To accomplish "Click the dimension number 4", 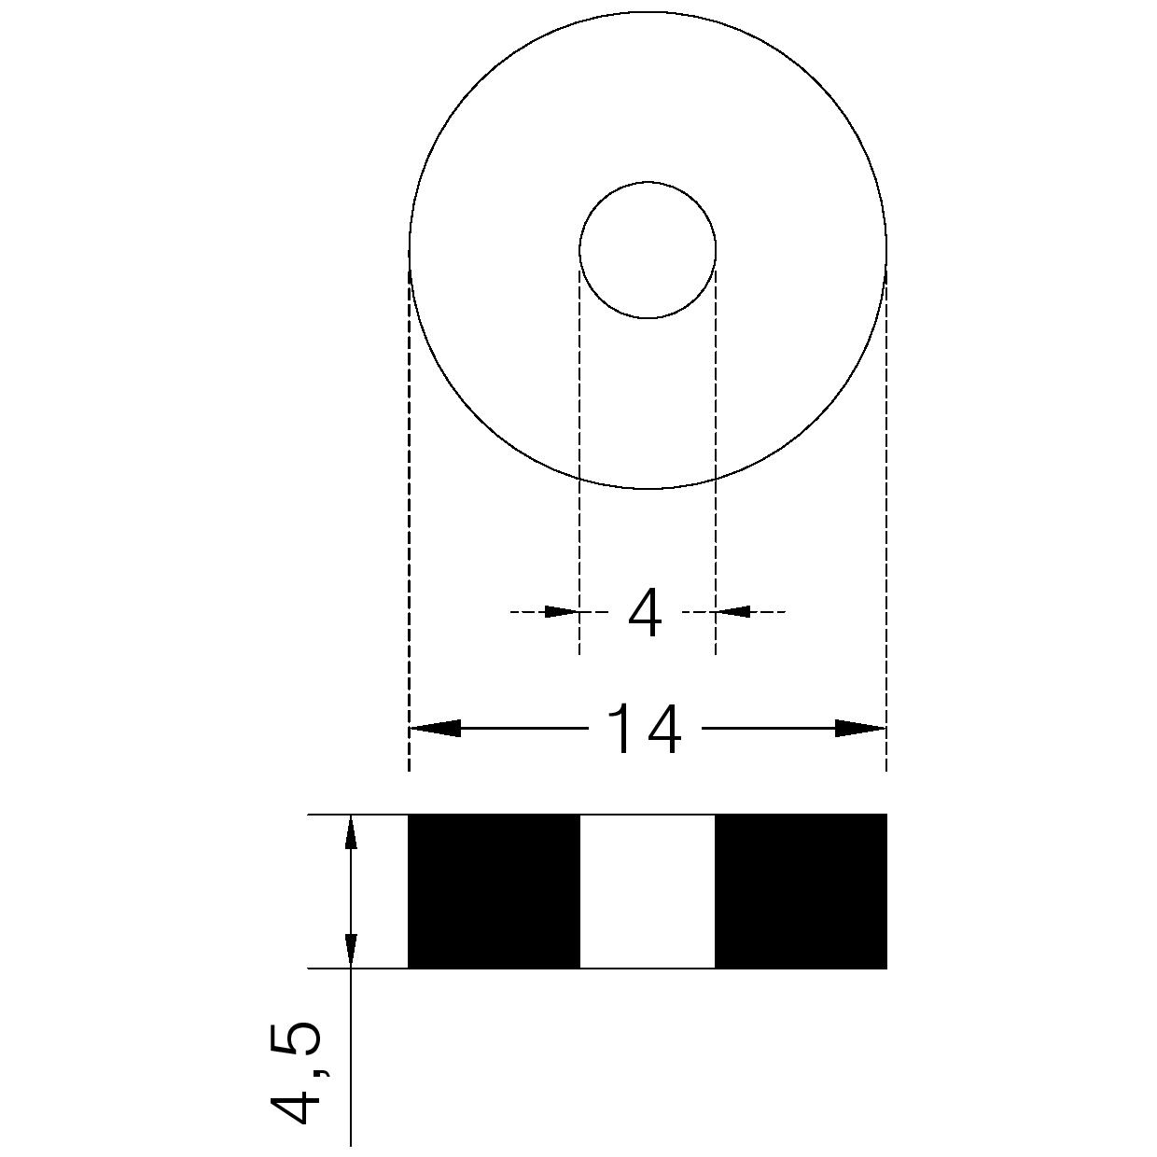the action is tap(644, 613).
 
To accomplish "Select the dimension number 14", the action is tap(644, 729).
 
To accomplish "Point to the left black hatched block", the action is tap(494, 899).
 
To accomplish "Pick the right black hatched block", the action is tap(801, 899).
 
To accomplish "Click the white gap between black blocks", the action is tap(648, 899).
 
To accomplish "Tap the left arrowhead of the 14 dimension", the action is tap(435, 729).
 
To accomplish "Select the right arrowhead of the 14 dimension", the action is tap(860, 729).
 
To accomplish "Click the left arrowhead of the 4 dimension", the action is tap(561, 612).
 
